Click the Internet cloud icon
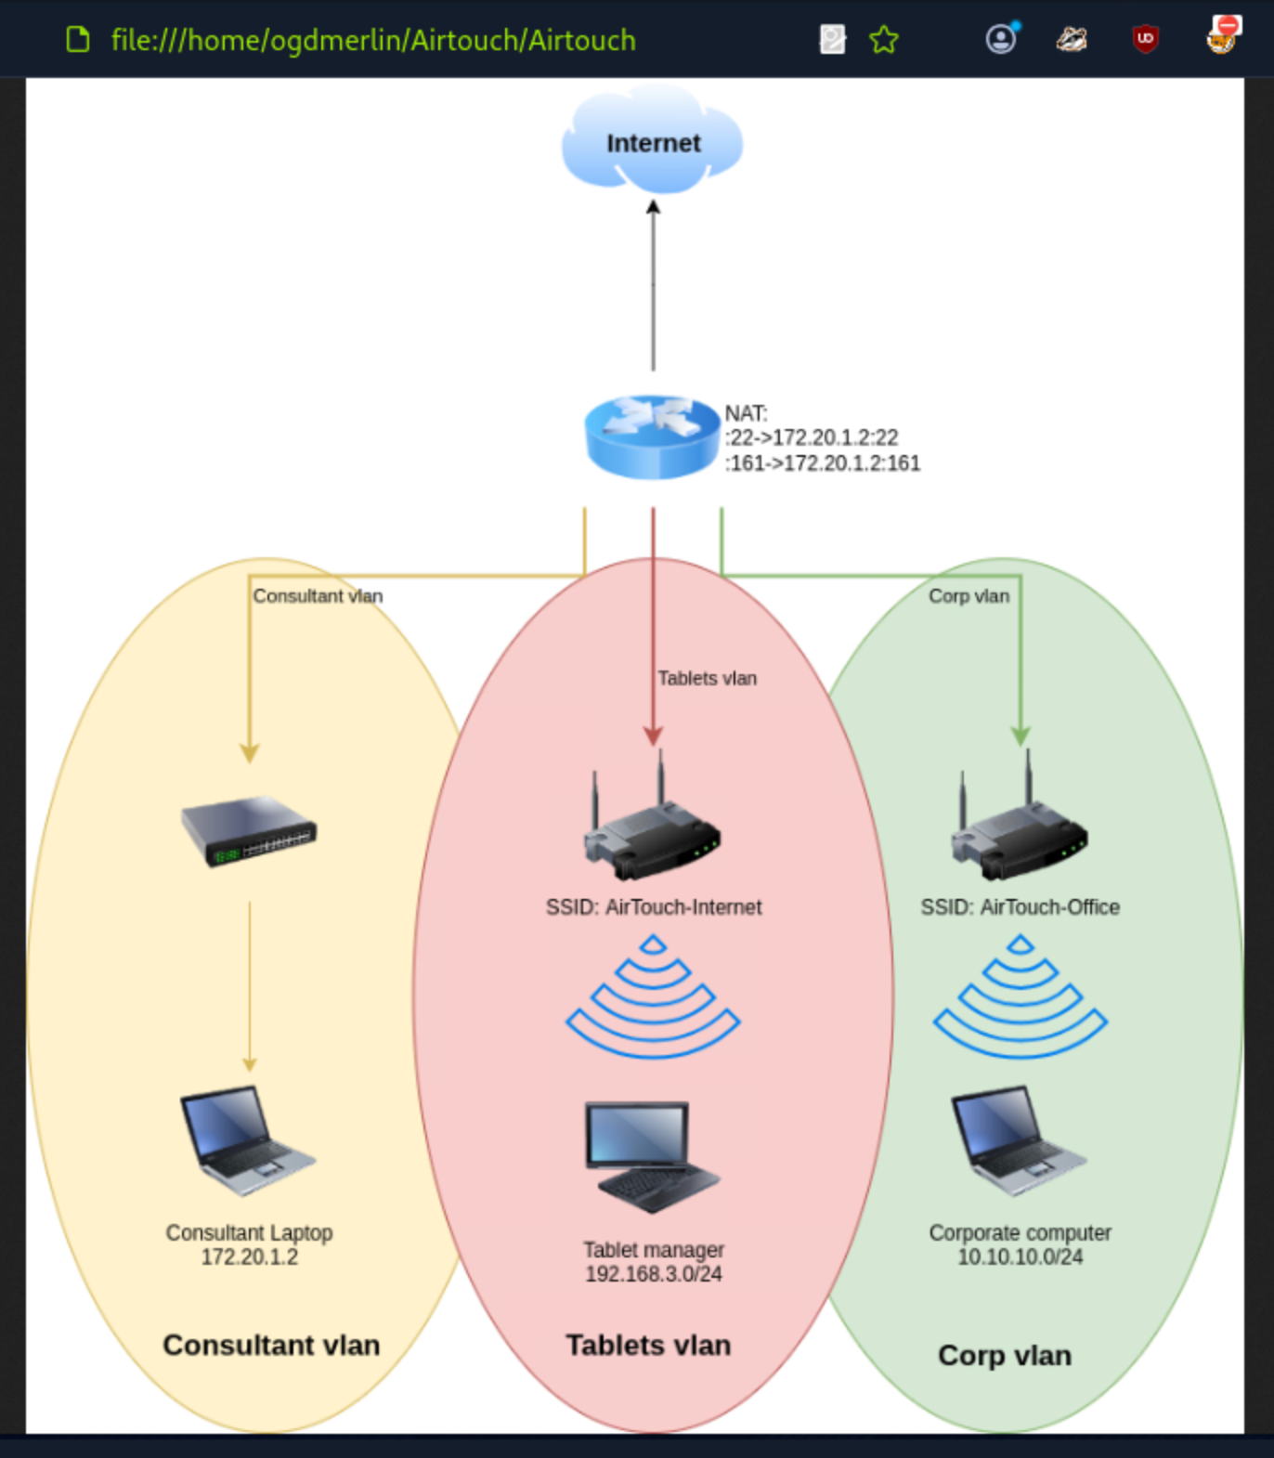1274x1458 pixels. (x=652, y=141)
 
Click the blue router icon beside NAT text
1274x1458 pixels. (x=652, y=436)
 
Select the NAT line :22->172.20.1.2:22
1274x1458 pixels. (x=812, y=437)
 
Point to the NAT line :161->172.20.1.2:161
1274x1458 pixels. (x=823, y=462)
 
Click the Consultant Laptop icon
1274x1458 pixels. (x=246, y=1140)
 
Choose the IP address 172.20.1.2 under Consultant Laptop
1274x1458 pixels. (x=249, y=1257)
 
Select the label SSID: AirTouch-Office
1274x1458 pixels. (x=1020, y=907)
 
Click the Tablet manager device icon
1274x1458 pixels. (x=652, y=1156)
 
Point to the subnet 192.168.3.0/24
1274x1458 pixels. (x=653, y=1274)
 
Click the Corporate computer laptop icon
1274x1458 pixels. (x=1018, y=1140)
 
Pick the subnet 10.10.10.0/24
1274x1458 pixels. (x=1020, y=1257)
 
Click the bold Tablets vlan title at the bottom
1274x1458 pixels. (x=648, y=1345)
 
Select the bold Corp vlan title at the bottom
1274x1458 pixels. (x=1005, y=1355)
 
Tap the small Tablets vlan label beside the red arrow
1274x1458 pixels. (x=707, y=679)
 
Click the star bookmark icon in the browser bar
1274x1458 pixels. (x=884, y=40)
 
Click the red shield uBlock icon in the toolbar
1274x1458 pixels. (x=1145, y=39)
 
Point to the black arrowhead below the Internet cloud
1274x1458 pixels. (x=653, y=208)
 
